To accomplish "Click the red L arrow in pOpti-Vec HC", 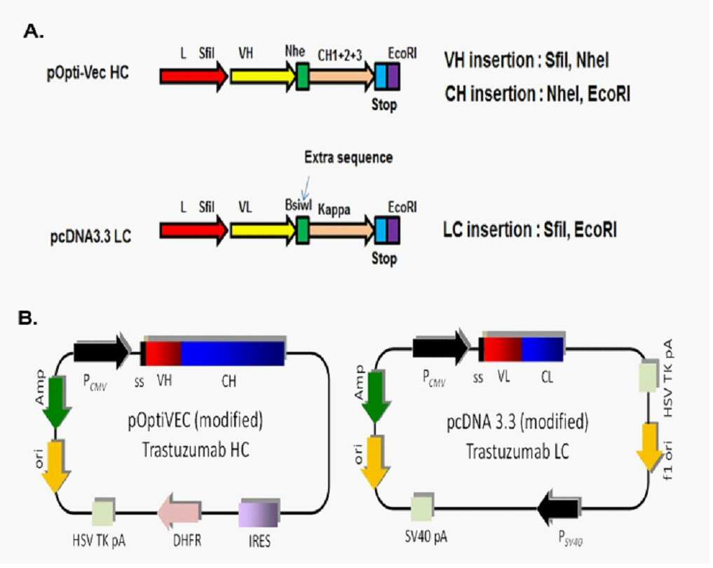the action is pos(193,76).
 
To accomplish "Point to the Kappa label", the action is pos(334,210).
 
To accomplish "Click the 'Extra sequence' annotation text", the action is pos(348,157).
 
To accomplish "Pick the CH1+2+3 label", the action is pos(340,55).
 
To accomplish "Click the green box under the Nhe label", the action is pos(303,76).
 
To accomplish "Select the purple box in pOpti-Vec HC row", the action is pos(393,76).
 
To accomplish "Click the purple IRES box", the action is pos(259,513).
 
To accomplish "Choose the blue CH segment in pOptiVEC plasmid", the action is pos(233,353).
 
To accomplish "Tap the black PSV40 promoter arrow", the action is pos(558,508).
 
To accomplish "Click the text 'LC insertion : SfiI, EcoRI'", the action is pos(530,230).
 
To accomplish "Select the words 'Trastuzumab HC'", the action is pos(196,450).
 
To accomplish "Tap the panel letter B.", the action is pos(27,318).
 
